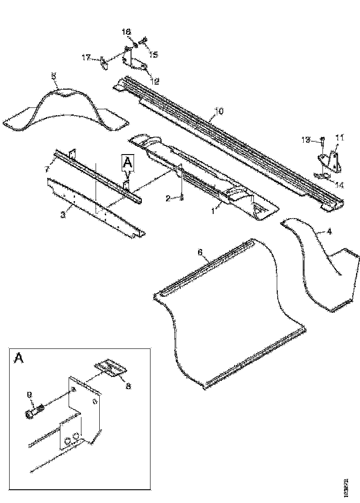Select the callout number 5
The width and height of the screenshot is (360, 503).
pos(54,76)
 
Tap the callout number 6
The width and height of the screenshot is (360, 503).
pos(199,252)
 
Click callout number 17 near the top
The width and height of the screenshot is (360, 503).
pos(86,58)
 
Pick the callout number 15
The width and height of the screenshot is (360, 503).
pos(153,54)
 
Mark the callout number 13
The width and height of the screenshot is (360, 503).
pos(305,140)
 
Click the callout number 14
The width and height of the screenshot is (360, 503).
pos(340,185)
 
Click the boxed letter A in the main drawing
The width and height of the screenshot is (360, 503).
pos(127,161)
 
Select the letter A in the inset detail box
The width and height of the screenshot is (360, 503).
pos(19,358)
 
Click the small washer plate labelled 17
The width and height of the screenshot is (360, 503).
pos(104,63)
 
